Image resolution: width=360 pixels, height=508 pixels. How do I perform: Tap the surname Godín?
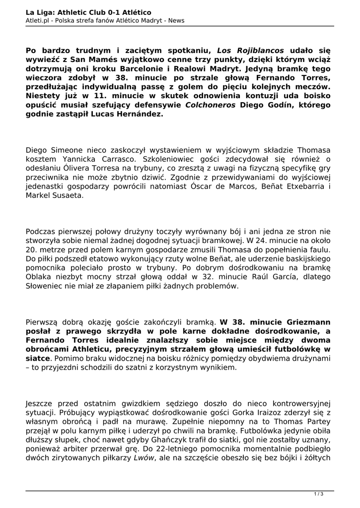click(275, 105)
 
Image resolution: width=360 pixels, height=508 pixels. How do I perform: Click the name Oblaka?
click(39, 277)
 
